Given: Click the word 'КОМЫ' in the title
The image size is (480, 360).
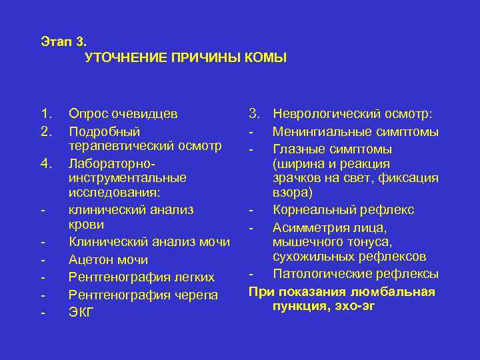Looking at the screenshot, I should point(265,58).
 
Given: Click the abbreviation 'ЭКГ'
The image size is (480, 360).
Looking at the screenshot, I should point(82,311).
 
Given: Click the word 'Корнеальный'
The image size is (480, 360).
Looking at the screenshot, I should point(313,210).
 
